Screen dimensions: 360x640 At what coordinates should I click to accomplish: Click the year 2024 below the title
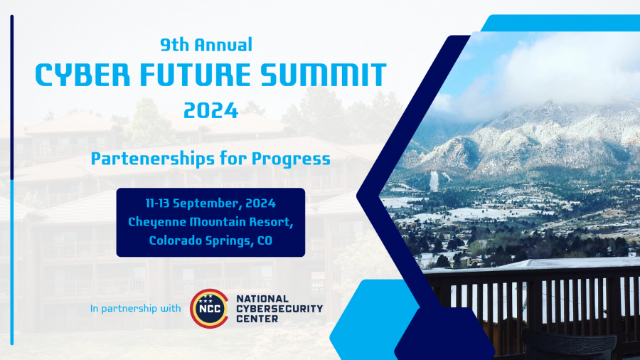click(210, 110)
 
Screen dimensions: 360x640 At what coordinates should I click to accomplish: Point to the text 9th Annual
click(206, 46)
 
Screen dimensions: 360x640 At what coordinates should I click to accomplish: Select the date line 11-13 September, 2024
click(210, 203)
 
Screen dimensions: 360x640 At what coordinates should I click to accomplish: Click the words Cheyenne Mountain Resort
click(210, 221)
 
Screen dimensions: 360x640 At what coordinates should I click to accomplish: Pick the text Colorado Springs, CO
click(210, 240)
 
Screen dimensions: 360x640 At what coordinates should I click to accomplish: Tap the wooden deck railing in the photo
click(540, 299)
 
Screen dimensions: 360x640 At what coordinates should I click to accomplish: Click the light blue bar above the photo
click(562, 22)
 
